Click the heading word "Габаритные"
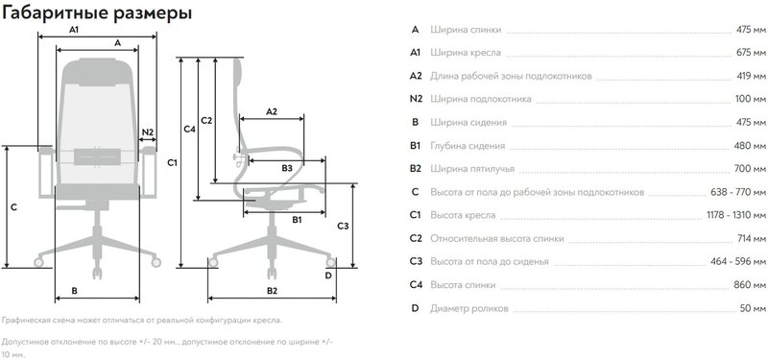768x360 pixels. tap(55, 13)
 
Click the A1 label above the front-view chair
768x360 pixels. tap(74, 30)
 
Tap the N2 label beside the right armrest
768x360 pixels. tap(148, 132)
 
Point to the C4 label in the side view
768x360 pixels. tap(189, 130)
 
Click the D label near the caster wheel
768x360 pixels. tap(328, 276)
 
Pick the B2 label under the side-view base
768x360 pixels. tap(273, 291)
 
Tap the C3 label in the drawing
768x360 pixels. tap(344, 226)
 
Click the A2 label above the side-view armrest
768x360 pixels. tap(272, 111)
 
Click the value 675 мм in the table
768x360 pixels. tap(751, 53)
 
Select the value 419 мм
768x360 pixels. tap(751, 76)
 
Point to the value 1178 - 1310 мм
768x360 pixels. tap(735, 215)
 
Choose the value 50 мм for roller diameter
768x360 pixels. tap(753, 308)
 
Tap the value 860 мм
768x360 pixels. tap(751, 285)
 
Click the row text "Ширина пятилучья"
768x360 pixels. tap(472, 169)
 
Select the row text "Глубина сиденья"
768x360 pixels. tap(468, 146)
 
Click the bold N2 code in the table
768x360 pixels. tap(416, 99)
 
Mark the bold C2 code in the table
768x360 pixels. tap(416, 238)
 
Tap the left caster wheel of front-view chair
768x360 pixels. tap(38, 262)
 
